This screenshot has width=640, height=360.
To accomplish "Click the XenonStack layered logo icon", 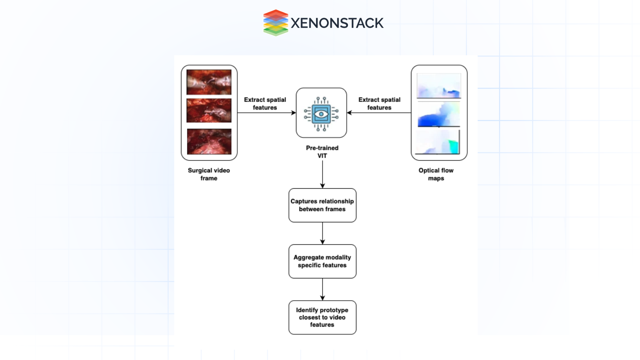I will click(275, 23).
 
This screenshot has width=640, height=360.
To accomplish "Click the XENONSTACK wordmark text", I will click(337, 23).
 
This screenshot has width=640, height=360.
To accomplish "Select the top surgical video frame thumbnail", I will click(209, 82).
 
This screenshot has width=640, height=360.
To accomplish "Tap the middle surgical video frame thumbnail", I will click(209, 110).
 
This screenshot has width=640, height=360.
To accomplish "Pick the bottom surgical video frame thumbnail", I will click(209, 141).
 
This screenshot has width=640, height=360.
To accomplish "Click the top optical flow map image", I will click(439, 86).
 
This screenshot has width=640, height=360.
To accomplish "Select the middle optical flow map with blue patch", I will click(439, 114).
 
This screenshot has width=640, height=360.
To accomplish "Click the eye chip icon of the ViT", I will click(321, 114).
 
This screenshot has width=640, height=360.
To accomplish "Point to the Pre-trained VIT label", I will click(322, 152).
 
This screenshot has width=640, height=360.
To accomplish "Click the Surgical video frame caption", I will click(209, 174).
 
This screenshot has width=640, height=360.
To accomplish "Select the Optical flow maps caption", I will click(436, 174).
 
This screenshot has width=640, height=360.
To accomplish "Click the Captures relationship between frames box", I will click(322, 205).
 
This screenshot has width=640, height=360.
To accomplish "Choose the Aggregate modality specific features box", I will click(322, 261).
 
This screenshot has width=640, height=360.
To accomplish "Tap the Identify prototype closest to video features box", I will click(322, 317).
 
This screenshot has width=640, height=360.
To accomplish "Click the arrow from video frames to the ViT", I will click(266, 113).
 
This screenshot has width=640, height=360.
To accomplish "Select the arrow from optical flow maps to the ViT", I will click(379, 113).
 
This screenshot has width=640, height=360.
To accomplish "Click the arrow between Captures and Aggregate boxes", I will click(322, 233).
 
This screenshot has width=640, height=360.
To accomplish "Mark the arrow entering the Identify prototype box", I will click(322, 289).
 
